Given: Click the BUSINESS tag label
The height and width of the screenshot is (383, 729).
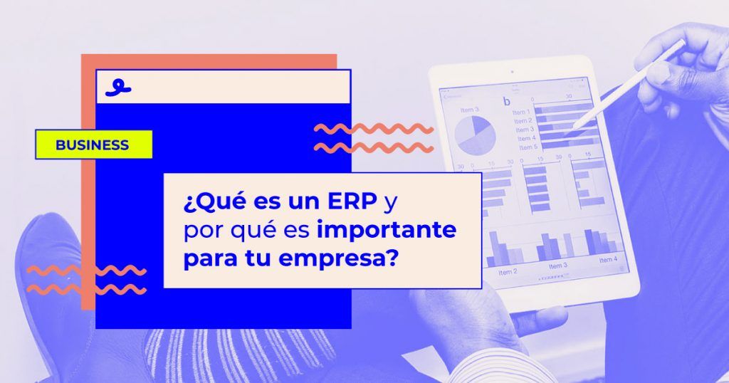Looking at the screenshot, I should (x=93, y=145).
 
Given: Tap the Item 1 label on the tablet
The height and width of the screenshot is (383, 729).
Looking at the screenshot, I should (x=521, y=112).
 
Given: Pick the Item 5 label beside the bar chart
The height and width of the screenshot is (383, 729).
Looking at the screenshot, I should (x=528, y=147).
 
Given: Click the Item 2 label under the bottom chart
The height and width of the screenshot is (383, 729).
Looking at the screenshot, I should (x=508, y=272).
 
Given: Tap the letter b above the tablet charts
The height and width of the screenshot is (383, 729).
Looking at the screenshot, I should (x=507, y=102).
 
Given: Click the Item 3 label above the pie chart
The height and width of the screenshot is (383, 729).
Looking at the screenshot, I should (x=469, y=110).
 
